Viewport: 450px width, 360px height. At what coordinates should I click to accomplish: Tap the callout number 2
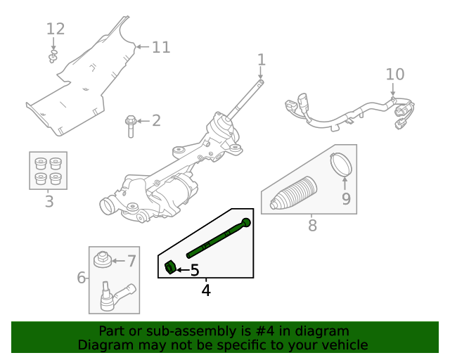[155, 120]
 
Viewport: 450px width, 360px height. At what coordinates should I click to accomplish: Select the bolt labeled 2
[131, 126]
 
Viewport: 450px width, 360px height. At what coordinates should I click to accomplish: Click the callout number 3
[49, 202]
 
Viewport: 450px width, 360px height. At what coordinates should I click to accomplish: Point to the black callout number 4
[206, 289]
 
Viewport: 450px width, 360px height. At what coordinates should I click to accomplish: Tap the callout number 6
[82, 278]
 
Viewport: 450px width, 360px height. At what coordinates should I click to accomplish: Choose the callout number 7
[131, 262]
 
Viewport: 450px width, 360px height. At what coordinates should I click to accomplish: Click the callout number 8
[312, 226]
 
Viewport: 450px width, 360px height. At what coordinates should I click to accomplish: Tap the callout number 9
[345, 199]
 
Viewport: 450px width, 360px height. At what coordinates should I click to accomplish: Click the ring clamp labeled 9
[342, 165]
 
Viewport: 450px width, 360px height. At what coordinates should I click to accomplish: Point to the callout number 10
[395, 74]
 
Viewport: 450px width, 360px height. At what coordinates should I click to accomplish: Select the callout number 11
[161, 47]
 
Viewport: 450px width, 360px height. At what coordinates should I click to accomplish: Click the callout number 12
[56, 29]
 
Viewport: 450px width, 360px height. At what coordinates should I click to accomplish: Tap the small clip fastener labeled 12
[53, 56]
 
